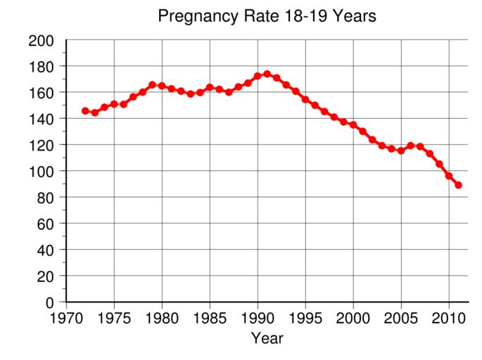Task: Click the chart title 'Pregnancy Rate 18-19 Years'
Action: click(x=267, y=15)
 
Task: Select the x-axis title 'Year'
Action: click(x=267, y=339)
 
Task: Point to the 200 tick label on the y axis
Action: click(x=42, y=40)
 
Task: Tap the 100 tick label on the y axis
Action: click(x=42, y=171)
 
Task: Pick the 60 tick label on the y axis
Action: click(x=46, y=224)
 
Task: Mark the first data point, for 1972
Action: click(x=85, y=110)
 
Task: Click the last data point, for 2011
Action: click(x=458, y=185)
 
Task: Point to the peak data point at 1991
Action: click(x=267, y=74)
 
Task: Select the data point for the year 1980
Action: click(x=162, y=86)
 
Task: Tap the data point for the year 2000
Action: click(x=353, y=124)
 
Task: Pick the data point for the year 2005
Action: click(x=401, y=150)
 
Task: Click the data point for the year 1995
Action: click(x=305, y=99)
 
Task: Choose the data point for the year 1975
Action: click(x=114, y=104)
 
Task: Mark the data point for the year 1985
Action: click(x=210, y=87)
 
